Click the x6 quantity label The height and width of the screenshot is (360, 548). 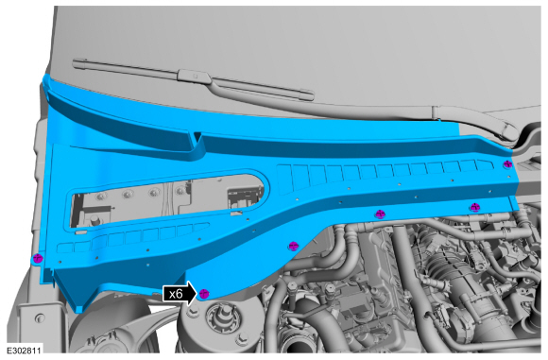coord(176,294)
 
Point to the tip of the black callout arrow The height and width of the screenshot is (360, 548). coord(197,294)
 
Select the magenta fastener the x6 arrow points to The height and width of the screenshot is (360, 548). coord(204,294)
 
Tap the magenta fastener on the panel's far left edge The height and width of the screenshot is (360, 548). coord(37,259)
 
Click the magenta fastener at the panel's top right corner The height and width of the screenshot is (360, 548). coord(507,164)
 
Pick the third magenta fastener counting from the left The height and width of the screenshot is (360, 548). coord(293,246)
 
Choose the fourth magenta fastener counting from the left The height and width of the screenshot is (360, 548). coord(380,214)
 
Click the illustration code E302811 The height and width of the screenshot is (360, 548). coord(25,351)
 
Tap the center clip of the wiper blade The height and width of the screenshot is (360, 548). coord(195,76)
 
